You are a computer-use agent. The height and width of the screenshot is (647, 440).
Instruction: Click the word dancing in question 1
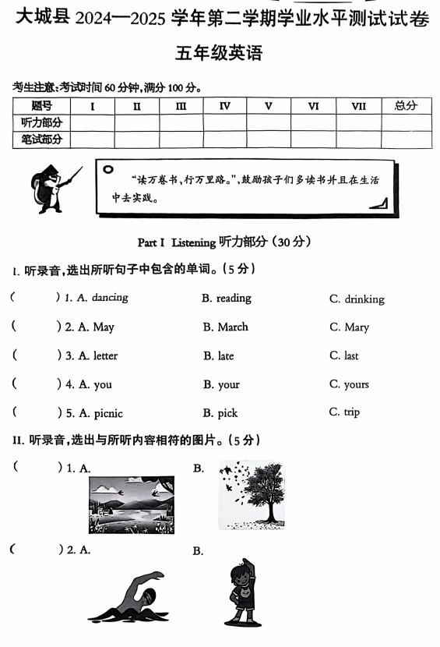pyautogui.click(x=109, y=298)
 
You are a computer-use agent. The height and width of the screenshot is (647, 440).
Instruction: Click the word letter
pyautogui.click(x=105, y=356)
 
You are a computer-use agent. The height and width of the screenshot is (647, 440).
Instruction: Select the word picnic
pyautogui.click(x=107, y=413)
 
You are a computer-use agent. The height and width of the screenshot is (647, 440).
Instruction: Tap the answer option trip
pyautogui.click(x=351, y=412)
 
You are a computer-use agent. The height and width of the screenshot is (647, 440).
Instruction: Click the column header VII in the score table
pyautogui.click(x=358, y=106)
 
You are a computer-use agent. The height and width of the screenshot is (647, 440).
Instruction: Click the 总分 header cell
pyautogui.click(x=406, y=106)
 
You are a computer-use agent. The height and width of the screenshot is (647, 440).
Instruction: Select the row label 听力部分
pyautogui.click(x=41, y=123)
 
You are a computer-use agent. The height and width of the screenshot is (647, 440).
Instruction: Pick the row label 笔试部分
pyautogui.click(x=41, y=140)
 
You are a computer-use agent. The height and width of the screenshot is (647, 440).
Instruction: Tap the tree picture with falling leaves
pyautogui.click(x=252, y=494)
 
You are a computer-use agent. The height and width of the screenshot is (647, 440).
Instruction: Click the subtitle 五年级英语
pyautogui.click(x=219, y=53)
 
